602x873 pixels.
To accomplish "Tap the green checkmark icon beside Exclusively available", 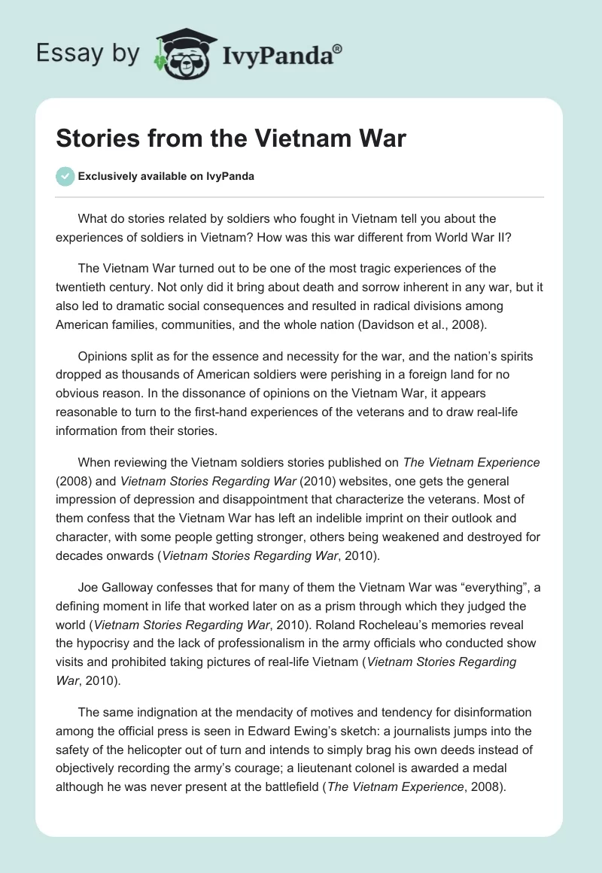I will (x=65, y=176).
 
